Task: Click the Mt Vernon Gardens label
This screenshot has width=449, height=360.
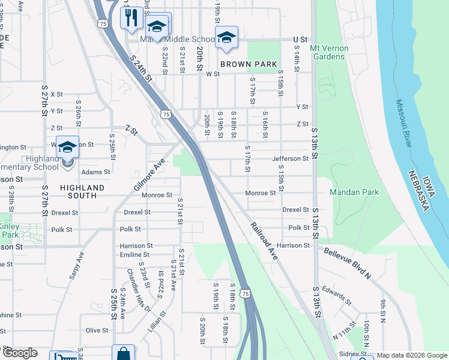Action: [x=327, y=52]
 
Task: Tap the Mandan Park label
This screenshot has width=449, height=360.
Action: [x=354, y=193]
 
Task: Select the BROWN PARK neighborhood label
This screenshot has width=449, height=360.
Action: [x=249, y=64]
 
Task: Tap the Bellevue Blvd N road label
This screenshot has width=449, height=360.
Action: [x=348, y=262]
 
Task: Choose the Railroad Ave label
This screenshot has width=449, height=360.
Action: [x=264, y=241]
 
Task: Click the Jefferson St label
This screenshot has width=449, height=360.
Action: [x=290, y=158]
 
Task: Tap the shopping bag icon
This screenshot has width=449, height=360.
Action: [x=123, y=353]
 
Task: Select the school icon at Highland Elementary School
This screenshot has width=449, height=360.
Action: [x=68, y=146]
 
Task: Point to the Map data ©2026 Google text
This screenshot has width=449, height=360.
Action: [x=411, y=356]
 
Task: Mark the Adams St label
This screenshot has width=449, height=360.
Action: [x=96, y=172]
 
